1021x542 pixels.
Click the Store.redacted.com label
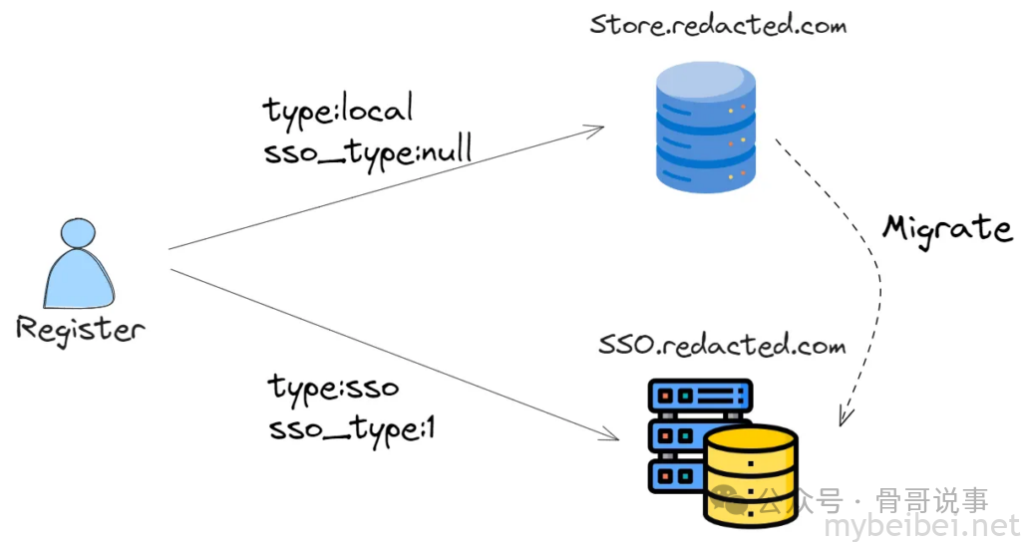[x=717, y=23]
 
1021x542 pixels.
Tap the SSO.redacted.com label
[x=722, y=346]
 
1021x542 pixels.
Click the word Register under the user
[x=80, y=330]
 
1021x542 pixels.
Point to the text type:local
[x=338, y=110]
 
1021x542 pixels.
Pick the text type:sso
[x=334, y=387]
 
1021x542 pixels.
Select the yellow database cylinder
[x=750, y=474]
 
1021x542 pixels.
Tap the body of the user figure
[x=78, y=282]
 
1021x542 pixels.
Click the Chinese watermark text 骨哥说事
[x=931, y=498]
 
